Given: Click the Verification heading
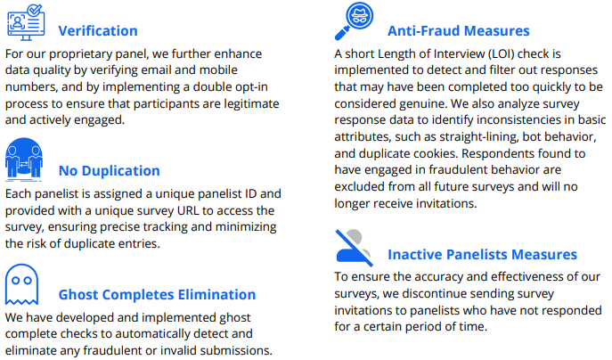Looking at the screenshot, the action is (x=98, y=31).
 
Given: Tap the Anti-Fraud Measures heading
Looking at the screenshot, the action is (x=458, y=31).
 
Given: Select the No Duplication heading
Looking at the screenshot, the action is (x=110, y=170).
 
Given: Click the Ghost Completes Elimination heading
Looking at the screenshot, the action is (x=157, y=294).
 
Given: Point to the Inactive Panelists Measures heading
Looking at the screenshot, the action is (x=482, y=254).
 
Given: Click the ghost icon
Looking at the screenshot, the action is (x=21, y=284).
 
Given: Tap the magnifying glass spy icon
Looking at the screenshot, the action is (x=354, y=21).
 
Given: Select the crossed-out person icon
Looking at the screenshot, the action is (x=354, y=248).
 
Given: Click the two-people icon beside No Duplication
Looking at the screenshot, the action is (x=24, y=160).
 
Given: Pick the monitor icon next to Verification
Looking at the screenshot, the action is (x=26, y=22).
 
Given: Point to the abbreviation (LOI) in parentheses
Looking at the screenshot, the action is (x=495, y=53).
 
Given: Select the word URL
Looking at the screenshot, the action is (x=188, y=210).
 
